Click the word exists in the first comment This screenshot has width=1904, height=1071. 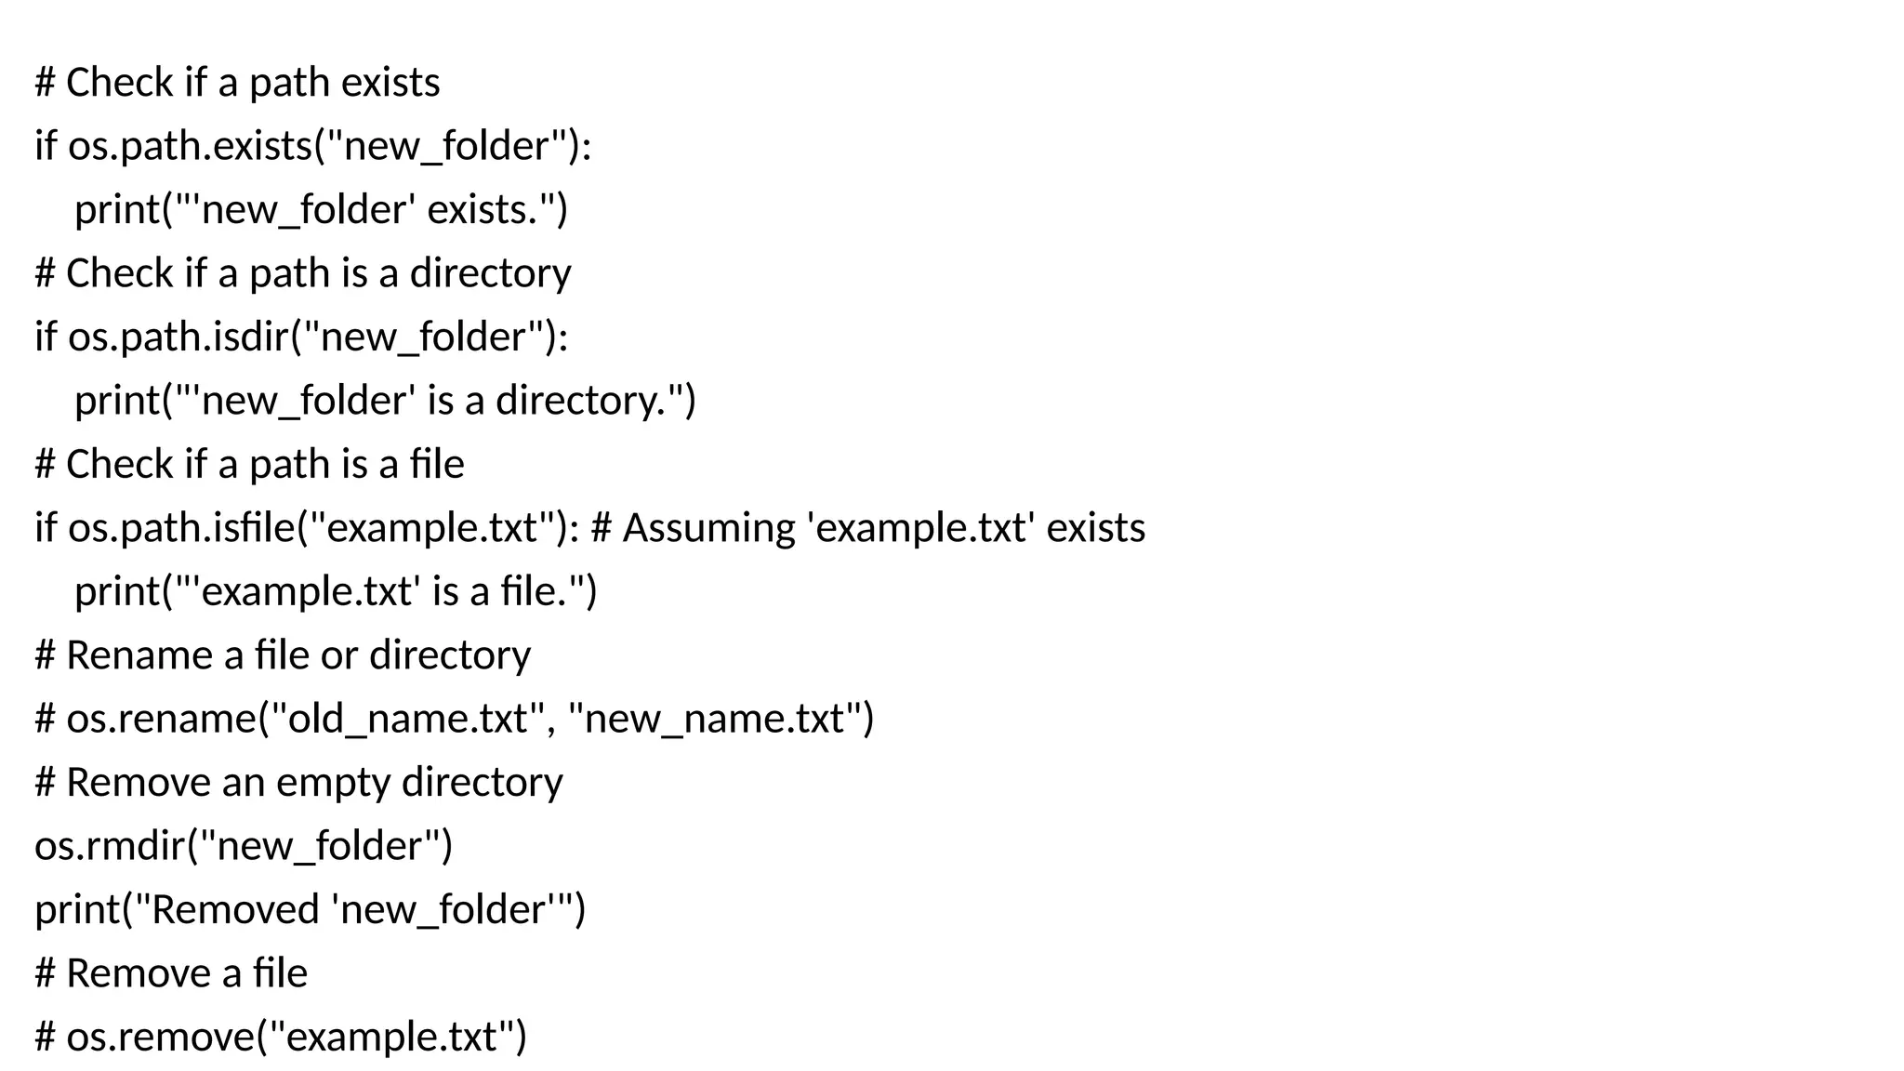click(390, 83)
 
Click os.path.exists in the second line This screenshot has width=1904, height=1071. click(191, 147)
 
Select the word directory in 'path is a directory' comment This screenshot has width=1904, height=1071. click(490, 273)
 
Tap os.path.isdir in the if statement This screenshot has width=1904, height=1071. click(178, 337)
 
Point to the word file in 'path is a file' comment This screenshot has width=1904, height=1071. click(437, 464)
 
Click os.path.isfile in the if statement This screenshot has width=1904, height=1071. click(181, 528)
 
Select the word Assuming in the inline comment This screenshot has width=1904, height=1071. click(708, 528)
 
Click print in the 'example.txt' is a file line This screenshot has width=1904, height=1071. click(117, 592)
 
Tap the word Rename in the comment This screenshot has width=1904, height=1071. click(139, 655)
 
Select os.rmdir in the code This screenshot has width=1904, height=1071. click(110, 846)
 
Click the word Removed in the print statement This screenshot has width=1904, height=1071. click(235, 909)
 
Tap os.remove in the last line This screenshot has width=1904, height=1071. click(159, 1037)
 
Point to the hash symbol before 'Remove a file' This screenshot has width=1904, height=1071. click(45, 973)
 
